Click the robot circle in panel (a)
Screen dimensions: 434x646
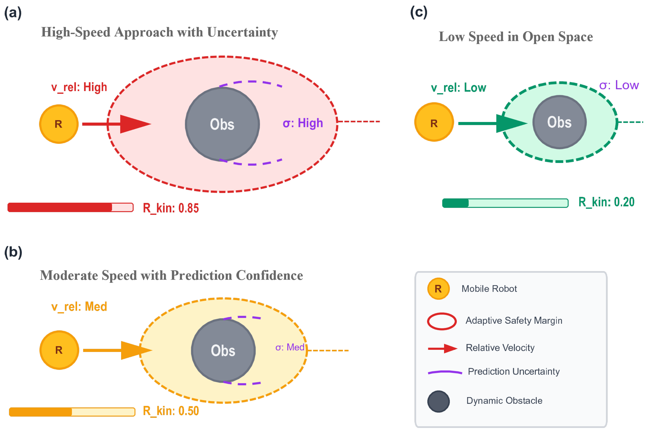tap(59, 124)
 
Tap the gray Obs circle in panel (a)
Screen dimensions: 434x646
tap(222, 124)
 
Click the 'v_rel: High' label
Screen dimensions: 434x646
tap(79, 87)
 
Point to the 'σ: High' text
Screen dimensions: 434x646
tap(303, 123)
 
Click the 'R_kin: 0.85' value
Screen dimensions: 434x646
tap(171, 208)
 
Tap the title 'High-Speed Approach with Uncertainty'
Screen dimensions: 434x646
tap(159, 32)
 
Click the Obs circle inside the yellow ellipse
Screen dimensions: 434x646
tap(223, 350)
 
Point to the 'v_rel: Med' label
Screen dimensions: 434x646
tap(79, 307)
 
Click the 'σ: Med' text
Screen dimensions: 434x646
tap(290, 347)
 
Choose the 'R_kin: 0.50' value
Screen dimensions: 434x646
tap(171, 411)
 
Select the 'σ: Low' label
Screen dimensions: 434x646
tap(619, 85)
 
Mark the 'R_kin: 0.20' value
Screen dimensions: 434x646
tap(606, 202)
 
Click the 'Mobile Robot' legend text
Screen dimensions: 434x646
tap(489, 289)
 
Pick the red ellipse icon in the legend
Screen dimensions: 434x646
tap(442, 321)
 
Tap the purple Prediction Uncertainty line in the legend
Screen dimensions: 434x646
tap(445, 372)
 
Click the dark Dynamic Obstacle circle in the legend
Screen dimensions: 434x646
tap(438, 401)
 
